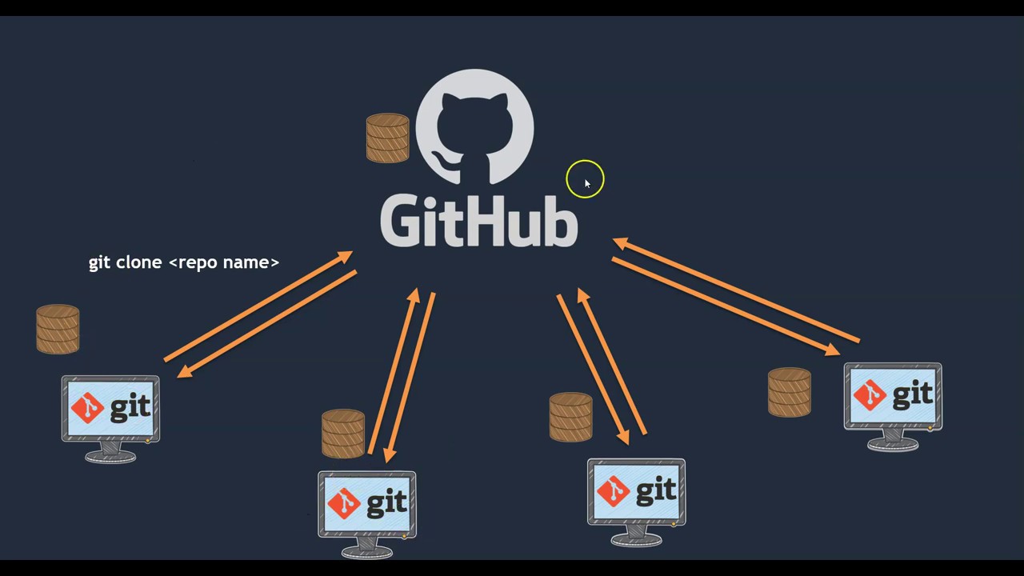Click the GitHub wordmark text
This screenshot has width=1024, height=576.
pos(478,221)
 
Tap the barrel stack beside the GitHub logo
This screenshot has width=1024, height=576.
pos(387,138)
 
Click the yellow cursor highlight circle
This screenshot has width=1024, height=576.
pos(585,179)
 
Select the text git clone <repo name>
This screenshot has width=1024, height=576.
pos(183,262)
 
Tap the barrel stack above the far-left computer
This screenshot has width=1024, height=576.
pos(58,329)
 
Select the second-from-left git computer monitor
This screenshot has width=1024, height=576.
pos(366,504)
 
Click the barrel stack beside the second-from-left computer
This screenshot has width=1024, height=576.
pos(343,434)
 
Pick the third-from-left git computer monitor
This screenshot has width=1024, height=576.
pos(636,492)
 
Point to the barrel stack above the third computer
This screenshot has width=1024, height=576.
pos(571,417)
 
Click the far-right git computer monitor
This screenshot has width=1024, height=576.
pos(893,397)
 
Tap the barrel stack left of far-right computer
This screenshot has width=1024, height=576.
pos(790,392)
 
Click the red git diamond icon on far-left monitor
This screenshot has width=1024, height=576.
pos(87,409)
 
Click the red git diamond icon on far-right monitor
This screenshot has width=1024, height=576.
pos(870,395)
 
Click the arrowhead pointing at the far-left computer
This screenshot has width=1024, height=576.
pos(184,371)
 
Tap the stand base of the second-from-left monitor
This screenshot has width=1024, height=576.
pos(366,550)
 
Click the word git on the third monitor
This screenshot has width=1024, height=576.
pos(657,489)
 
